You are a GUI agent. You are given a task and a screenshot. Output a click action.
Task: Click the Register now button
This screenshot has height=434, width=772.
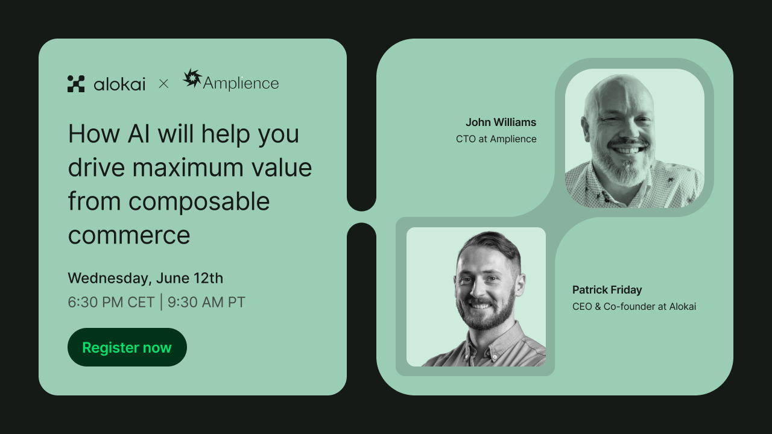[x=127, y=347]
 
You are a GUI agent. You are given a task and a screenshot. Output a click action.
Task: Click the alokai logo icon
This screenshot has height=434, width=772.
[x=76, y=84]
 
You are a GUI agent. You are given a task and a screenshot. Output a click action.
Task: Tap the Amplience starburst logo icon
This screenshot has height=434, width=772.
[x=192, y=78]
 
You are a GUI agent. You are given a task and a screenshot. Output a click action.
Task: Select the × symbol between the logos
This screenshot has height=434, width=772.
[x=163, y=84]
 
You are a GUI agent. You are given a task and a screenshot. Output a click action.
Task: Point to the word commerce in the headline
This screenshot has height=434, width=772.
[x=128, y=234]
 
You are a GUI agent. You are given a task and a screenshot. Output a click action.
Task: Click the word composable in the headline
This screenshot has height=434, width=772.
[x=199, y=201]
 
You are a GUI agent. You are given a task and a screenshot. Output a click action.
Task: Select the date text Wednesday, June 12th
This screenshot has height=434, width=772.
[x=145, y=278]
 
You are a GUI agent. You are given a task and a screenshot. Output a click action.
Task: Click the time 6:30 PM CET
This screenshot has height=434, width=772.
[x=111, y=302]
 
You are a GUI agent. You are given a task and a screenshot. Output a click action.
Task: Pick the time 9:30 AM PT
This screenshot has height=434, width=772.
[x=206, y=302]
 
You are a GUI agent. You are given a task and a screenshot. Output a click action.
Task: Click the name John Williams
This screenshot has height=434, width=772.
[x=501, y=122]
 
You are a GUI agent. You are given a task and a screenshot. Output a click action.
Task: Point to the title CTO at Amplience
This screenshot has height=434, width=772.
[x=496, y=139]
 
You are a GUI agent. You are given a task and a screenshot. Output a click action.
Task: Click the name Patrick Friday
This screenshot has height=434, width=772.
[x=607, y=290]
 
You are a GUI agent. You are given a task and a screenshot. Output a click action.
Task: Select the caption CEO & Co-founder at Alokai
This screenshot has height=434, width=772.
[x=634, y=306]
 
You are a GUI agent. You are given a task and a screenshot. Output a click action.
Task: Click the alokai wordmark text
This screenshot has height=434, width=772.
[x=119, y=84]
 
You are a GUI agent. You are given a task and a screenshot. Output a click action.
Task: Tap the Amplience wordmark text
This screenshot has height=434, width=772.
[x=241, y=83]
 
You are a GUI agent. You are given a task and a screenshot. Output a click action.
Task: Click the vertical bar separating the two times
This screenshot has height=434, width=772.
[x=161, y=302]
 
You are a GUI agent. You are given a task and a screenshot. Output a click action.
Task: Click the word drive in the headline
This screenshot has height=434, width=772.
[x=95, y=168]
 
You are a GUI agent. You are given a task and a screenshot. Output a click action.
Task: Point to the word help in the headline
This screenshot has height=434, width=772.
[x=226, y=134]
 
